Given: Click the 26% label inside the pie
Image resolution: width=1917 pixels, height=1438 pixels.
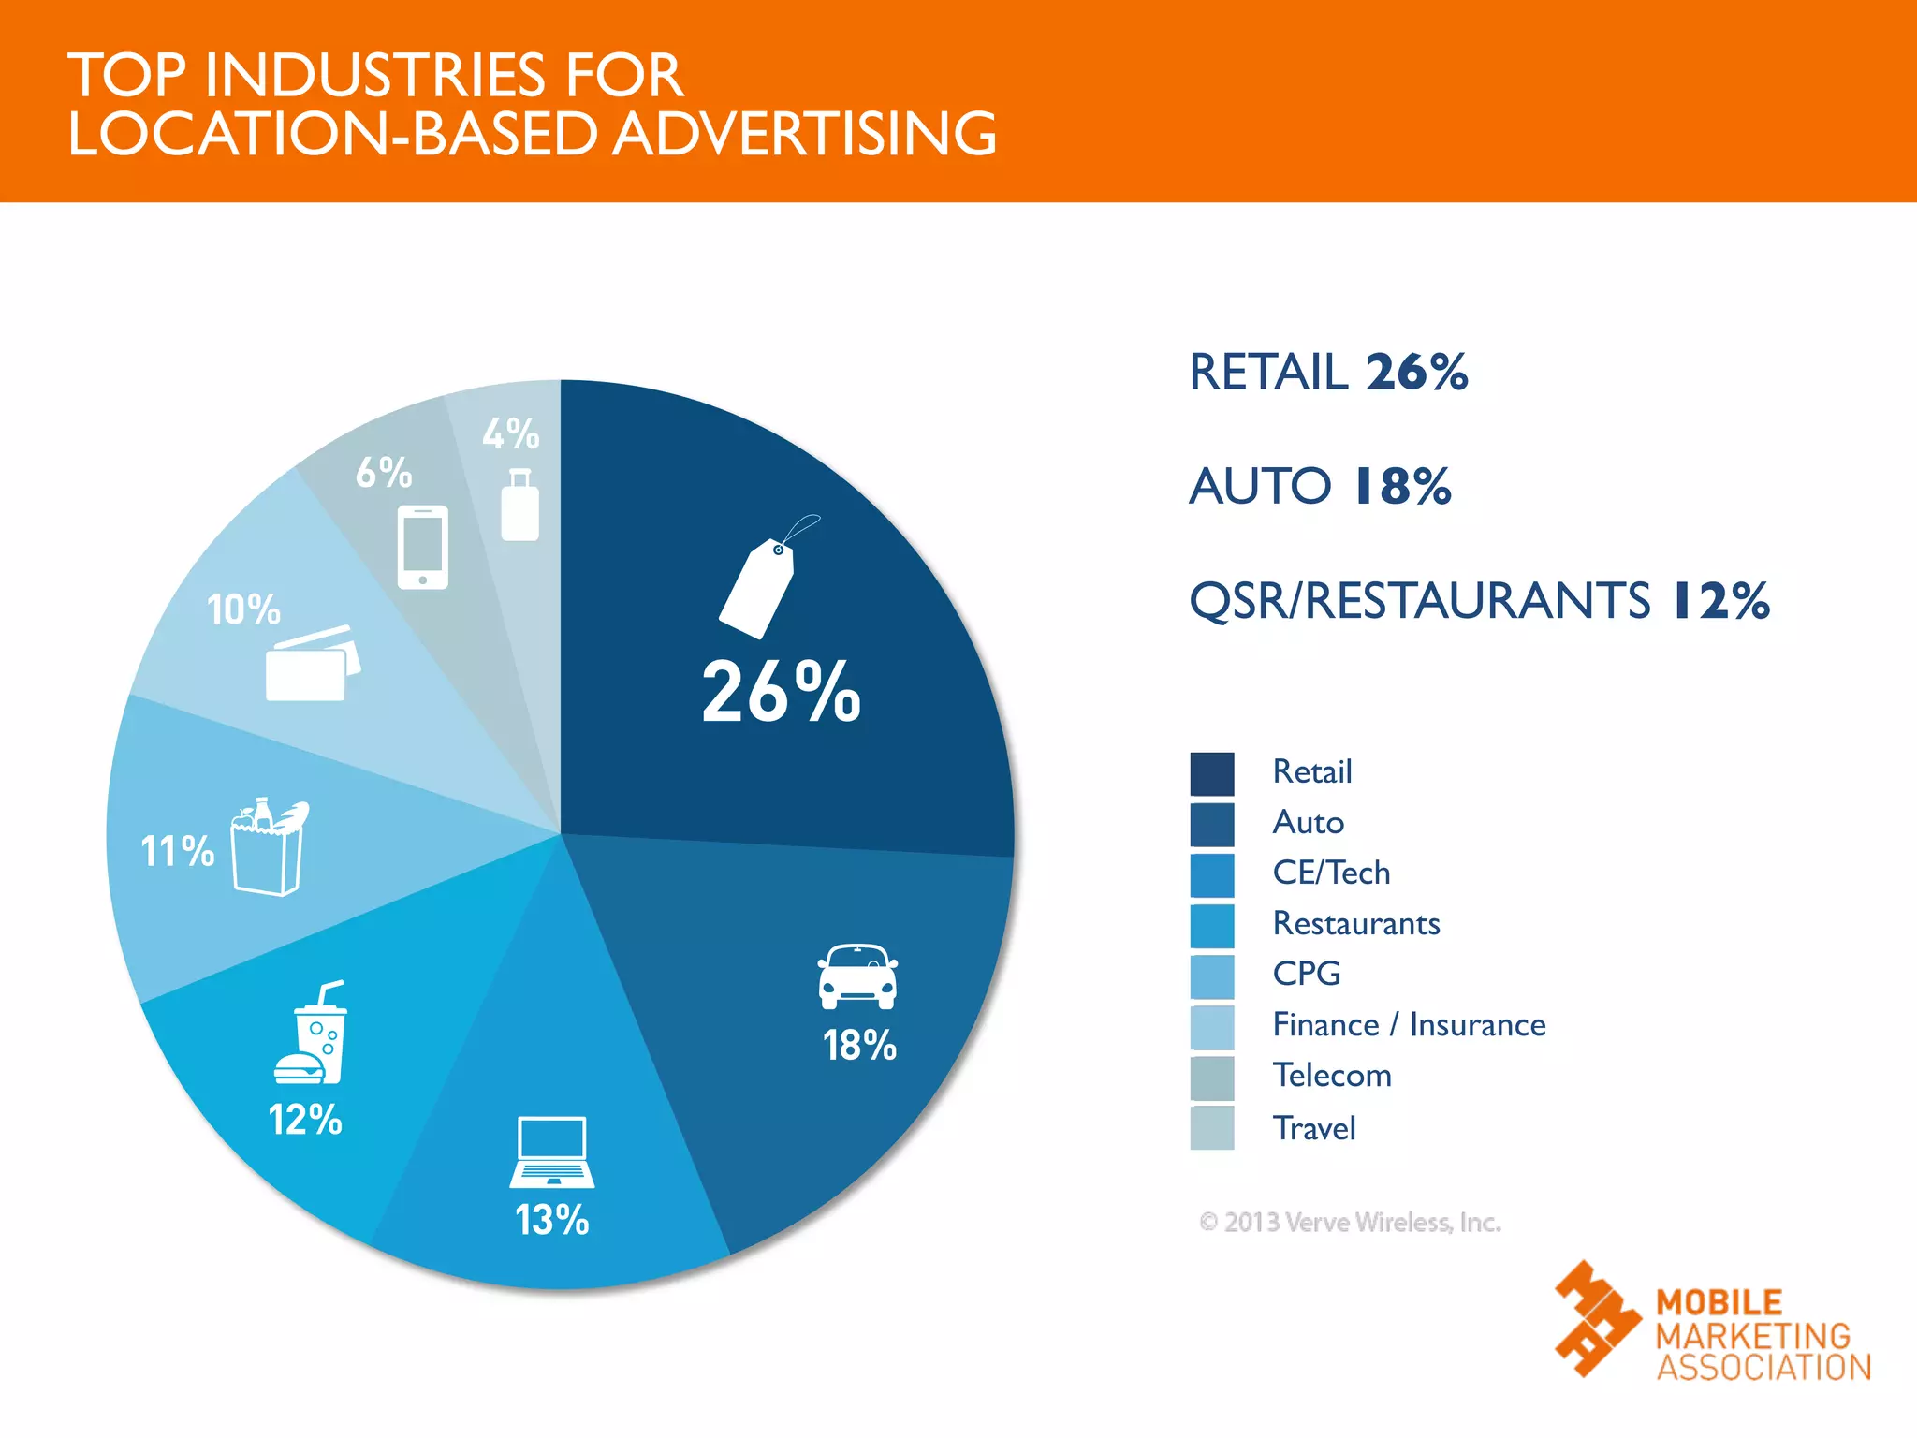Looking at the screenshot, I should point(781,692).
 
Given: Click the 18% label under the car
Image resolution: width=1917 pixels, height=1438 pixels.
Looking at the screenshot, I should point(859,1046).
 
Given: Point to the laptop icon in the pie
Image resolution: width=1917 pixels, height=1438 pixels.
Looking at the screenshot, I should point(552,1152).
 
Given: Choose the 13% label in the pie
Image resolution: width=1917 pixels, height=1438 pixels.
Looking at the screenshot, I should point(552,1220).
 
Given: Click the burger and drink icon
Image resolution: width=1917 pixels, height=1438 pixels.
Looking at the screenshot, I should point(312,1034).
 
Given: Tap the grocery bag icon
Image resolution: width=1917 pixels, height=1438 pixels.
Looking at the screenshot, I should point(269,847).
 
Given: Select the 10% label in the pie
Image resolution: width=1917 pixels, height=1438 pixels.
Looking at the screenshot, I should point(243,610).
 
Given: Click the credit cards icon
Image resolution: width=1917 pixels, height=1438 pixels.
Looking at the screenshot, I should point(312,664).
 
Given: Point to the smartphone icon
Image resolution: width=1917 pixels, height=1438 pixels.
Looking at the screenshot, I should point(423,547).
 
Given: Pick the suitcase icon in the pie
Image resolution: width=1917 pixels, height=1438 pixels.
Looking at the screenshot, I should point(519,506).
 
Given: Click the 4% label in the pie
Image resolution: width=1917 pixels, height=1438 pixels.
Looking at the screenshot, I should point(511,434).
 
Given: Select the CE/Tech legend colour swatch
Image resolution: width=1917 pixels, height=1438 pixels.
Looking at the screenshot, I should point(1212,875).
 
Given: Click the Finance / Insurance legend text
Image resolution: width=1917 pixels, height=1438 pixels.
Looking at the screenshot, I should point(1409,1025).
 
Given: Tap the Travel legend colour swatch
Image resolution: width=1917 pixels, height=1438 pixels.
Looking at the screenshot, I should point(1212,1128).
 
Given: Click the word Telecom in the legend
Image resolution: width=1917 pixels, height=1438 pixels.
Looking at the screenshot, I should point(1332,1076).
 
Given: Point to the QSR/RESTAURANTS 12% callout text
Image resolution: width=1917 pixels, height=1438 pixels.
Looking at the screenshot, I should point(1479,601).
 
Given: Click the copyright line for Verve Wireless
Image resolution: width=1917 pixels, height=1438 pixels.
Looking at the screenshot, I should point(1350,1223).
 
